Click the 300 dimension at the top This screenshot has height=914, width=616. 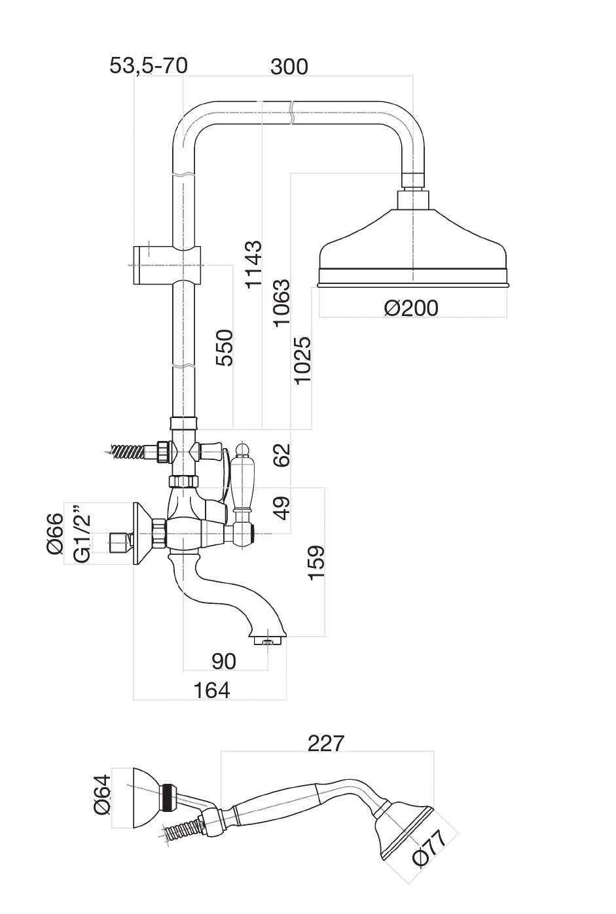pyautogui.click(x=289, y=66)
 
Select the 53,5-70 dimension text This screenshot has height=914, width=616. pyautogui.click(x=148, y=65)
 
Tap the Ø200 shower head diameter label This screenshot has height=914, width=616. pyautogui.click(x=411, y=307)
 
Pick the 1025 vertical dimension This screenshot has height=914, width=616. pyautogui.click(x=302, y=360)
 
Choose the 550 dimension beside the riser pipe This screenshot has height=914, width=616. pyautogui.click(x=225, y=348)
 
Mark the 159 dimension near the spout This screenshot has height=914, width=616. pyautogui.click(x=315, y=562)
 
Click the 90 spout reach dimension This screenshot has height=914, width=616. pyautogui.click(x=224, y=661)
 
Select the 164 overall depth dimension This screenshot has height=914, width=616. pyautogui.click(x=211, y=690)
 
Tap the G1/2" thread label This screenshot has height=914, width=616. pyautogui.click(x=81, y=533)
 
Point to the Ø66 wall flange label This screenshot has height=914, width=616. pyautogui.click(x=55, y=533)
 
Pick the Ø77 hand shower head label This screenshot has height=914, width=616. pyautogui.click(x=429, y=849)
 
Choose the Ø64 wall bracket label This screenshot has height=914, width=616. pyautogui.click(x=101, y=794)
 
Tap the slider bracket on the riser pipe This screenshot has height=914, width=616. pyautogui.click(x=164, y=265)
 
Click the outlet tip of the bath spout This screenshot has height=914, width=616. pyautogui.click(x=267, y=640)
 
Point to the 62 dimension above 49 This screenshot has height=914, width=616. pyautogui.click(x=281, y=456)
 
